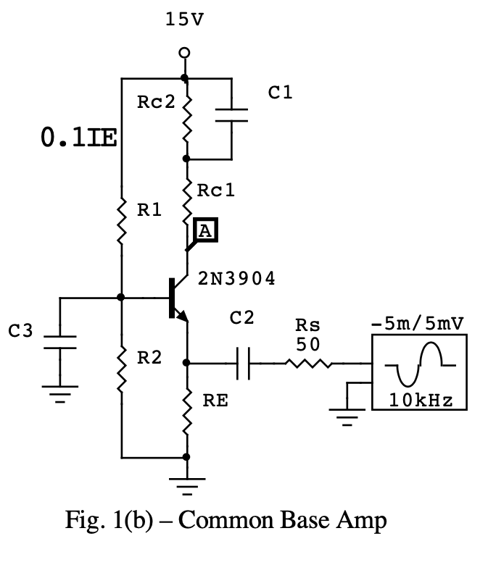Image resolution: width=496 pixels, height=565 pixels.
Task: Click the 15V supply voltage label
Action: pyautogui.click(x=185, y=20)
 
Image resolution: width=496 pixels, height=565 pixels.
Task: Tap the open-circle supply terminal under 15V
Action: pyautogui.click(x=185, y=53)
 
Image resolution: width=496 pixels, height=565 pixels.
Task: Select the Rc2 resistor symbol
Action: pyautogui.click(x=187, y=117)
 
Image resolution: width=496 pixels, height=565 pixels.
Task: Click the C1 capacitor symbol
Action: pyautogui.click(x=231, y=116)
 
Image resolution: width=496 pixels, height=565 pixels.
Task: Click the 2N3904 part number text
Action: pyautogui.click(x=236, y=280)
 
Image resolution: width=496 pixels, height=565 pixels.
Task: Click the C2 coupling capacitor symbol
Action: pyautogui.click(x=243, y=363)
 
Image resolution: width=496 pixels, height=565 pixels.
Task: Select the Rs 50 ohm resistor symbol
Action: pyautogui.click(x=310, y=363)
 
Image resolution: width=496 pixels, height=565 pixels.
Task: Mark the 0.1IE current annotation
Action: pyautogui.click(x=79, y=138)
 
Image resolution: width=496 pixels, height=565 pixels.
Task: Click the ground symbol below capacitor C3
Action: pyautogui.click(x=59, y=395)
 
